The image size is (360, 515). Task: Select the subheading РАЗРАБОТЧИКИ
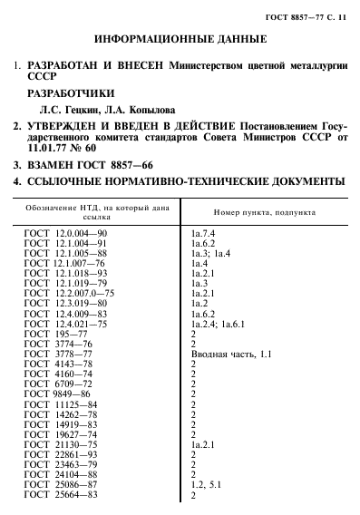tap(71, 92)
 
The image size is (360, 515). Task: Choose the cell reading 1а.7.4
tap(201, 235)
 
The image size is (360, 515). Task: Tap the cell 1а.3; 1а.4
tap(212, 254)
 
